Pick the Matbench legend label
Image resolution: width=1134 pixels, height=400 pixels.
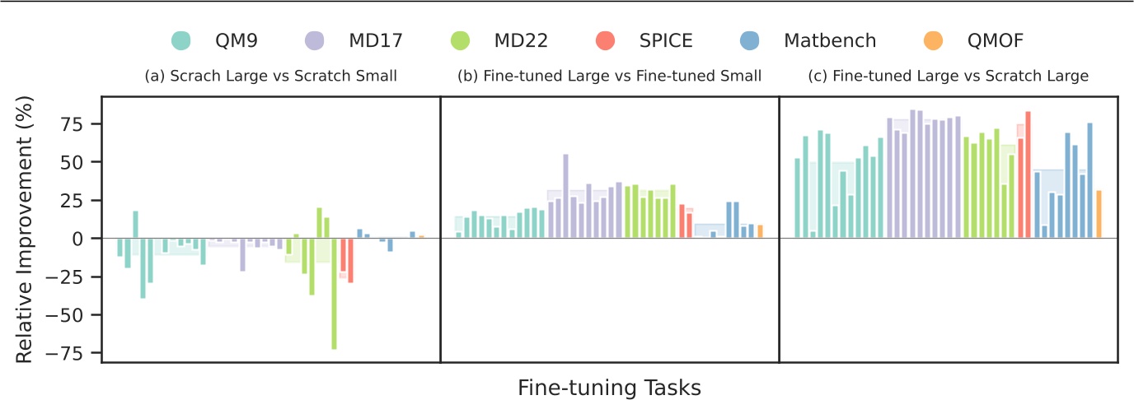(x=830, y=39)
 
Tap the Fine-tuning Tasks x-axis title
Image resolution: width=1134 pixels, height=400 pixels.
(x=609, y=387)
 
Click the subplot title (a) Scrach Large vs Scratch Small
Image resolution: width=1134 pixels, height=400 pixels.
(x=271, y=77)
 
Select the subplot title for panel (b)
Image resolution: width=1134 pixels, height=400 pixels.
(x=609, y=77)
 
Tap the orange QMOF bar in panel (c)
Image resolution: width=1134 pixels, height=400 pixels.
(x=1099, y=214)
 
